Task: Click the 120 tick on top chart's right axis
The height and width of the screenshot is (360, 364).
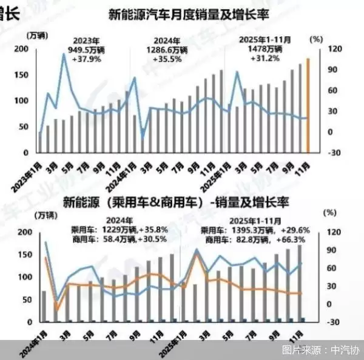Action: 332,49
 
